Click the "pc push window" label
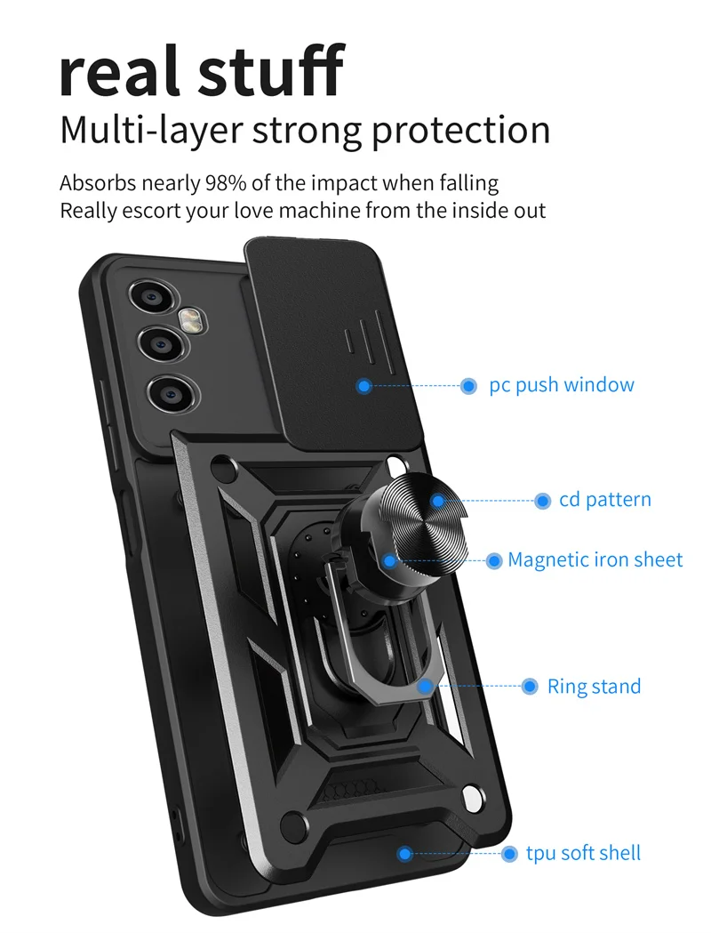click(562, 385)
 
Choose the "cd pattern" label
click(605, 500)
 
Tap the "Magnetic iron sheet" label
click(595, 560)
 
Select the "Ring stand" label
click(594, 687)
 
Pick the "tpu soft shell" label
click(583, 854)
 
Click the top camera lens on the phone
click(148, 297)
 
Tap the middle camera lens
click(163, 342)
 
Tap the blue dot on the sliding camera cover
click(363, 386)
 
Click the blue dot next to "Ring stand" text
click(531, 687)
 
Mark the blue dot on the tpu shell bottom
click(405, 854)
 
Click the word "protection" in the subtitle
click(460, 130)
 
